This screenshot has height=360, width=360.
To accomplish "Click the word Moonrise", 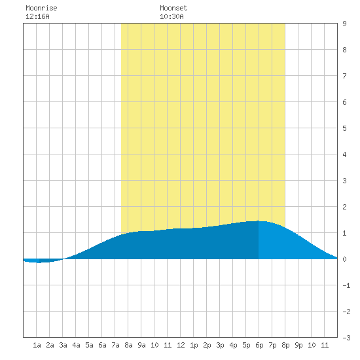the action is point(41,8).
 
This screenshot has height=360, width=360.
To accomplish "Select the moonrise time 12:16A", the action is point(37,16).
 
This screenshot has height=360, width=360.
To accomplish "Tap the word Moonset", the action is point(173,8).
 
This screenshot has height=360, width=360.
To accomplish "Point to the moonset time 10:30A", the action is point(171,16).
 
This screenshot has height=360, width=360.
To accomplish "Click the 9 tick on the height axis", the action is point(344,24).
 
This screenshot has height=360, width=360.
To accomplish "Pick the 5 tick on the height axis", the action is point(344,128).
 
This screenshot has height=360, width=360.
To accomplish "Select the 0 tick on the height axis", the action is point(344,259).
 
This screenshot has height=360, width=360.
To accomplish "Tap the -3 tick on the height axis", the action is point(346,338).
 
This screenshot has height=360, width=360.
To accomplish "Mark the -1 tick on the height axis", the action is point(346,285).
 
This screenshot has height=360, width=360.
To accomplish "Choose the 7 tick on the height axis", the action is point(344,76).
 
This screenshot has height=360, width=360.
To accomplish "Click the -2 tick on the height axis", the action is point(346,312).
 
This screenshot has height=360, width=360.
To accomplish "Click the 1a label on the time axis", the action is point(37,345).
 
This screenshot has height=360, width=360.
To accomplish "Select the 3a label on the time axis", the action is point(63,345).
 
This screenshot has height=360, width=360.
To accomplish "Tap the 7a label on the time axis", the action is point(115,345).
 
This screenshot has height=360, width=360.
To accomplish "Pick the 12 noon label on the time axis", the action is point(181,345).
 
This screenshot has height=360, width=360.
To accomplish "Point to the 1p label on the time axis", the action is point(194,345).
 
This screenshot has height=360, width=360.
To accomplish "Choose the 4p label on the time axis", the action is point(233,345).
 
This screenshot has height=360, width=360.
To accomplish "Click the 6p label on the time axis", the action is point(259,345).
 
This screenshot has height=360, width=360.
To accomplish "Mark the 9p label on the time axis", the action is point(298,345).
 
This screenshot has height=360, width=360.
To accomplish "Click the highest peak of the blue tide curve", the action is point(258,221).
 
